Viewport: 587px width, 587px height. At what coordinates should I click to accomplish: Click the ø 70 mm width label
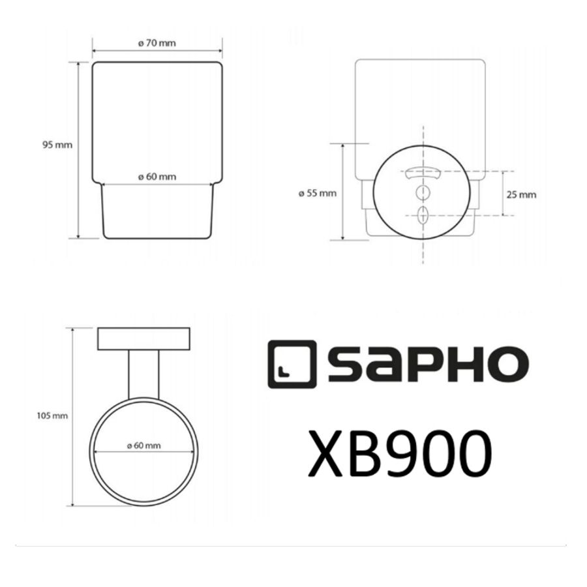(157, 44)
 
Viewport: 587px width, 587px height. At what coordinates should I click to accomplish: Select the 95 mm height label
(58, 145)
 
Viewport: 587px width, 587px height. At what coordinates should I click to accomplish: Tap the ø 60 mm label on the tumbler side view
(157, 177)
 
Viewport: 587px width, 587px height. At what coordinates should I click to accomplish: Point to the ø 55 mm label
(317, 193)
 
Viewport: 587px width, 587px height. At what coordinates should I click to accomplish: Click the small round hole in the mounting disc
(423, 192)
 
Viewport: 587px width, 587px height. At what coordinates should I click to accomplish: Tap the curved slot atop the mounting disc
(422, 173)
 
